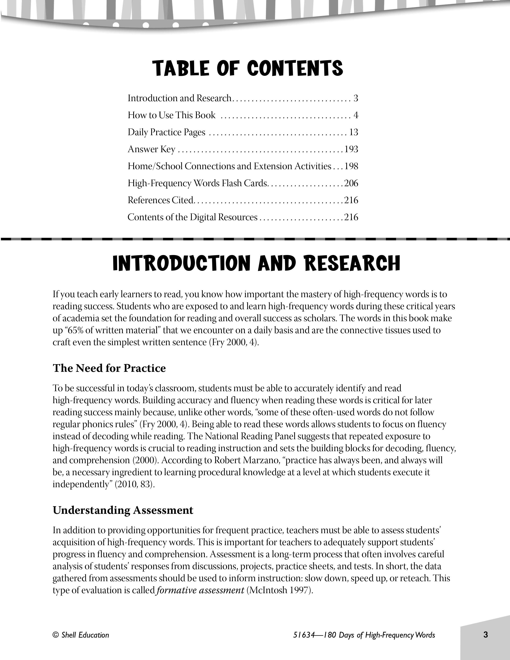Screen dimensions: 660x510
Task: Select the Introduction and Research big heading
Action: tap(256, 263)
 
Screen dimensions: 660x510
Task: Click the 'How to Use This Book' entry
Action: tap(171, 115)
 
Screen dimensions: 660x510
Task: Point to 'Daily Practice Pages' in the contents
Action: tap(166, 132)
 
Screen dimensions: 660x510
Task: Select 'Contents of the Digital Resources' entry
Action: tap(192, 217)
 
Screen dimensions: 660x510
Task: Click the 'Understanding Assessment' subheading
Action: tap(123, 510)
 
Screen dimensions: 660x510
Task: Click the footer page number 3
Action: tap(486, 635)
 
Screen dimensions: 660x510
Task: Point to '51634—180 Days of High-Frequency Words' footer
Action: tap(364, 635)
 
